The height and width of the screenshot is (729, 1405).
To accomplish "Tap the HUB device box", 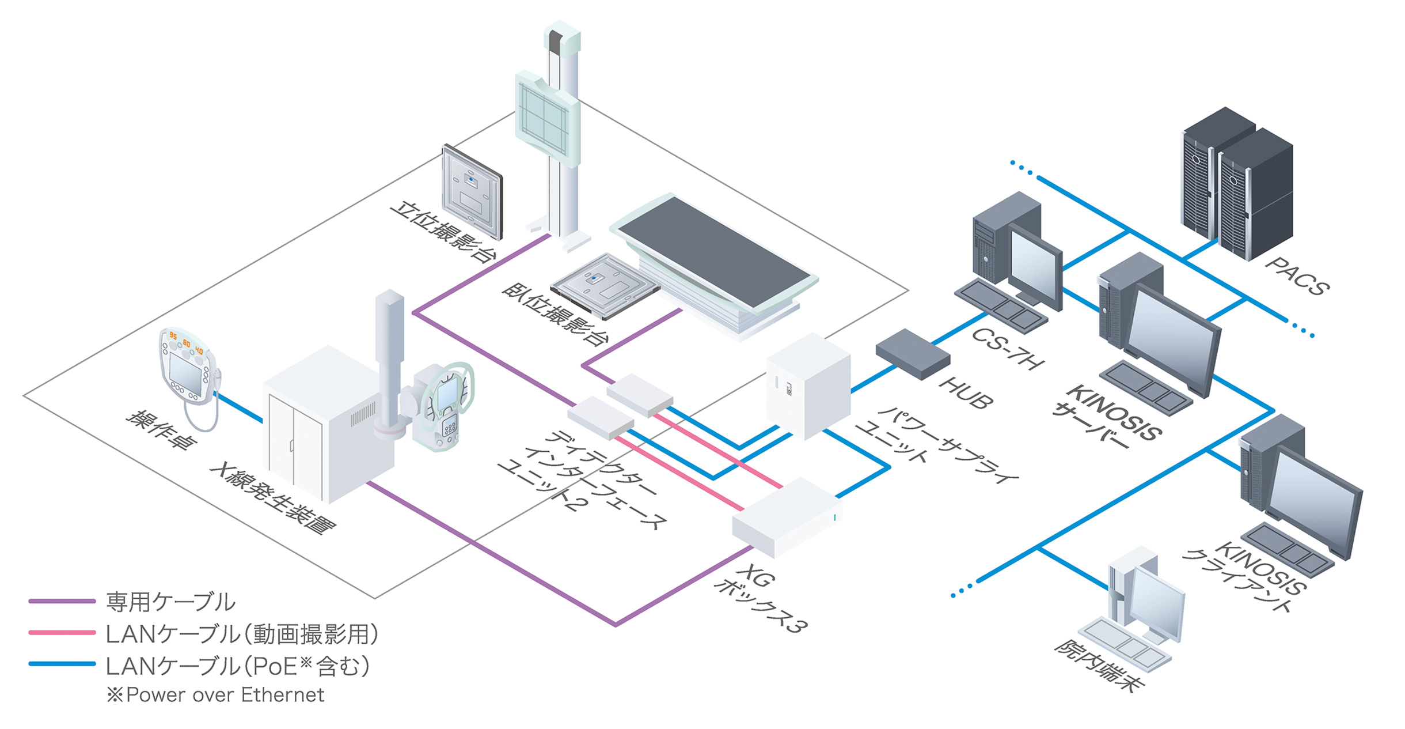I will [x=913, y=353].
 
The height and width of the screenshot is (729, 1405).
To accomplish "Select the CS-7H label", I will [x=1007, y=349].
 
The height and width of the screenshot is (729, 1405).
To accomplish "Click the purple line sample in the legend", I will [x=62, y=601].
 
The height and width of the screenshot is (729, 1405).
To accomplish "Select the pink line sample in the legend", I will [x=62, y=633].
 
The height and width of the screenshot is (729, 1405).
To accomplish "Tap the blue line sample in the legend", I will [x=62, y=664].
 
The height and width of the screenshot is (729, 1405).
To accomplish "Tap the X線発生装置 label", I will [x=273, y=496].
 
